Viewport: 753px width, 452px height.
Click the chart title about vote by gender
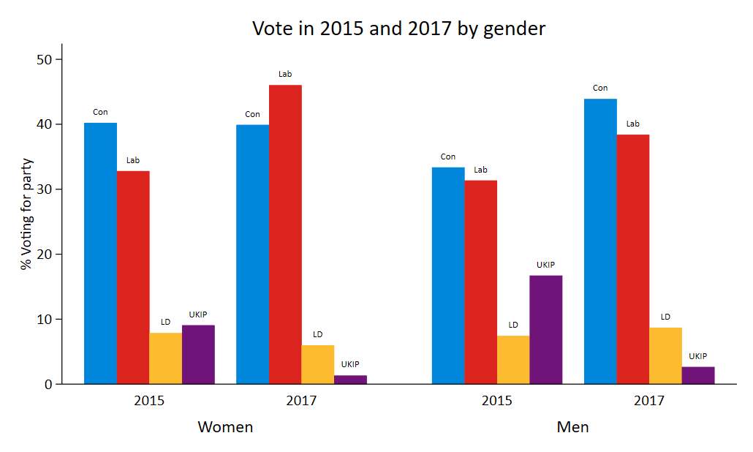click(x=398, y=29)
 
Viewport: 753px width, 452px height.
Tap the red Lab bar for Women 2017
click(x=285, y=234)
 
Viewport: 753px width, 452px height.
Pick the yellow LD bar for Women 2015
click(x=165, y=358)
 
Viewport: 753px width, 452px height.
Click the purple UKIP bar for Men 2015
click(x=546, y=329)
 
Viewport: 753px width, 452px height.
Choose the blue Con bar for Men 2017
click(x=600, y=241)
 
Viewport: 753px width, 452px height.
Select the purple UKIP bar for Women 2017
click(x=350, y=380)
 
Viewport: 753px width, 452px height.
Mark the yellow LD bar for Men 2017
click(x=665, y=355)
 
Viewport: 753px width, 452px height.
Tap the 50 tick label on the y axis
click(x=45, y=59)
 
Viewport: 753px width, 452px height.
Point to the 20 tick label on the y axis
click(x=45, y=255)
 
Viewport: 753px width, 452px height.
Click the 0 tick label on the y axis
click(x=48, y=384)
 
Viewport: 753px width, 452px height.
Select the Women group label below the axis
click(x=225, y=427)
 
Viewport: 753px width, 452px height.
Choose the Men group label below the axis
click(x=572, y=427)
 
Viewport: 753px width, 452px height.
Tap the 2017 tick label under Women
click(x=301, y=401)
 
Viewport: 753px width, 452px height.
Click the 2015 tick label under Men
click(x=496, y=401)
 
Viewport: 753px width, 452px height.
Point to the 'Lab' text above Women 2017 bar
click(x=285, y=74)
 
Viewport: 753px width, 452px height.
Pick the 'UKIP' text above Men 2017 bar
click(x=698, y=356)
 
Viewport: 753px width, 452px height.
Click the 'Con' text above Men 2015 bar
click(x=448, y=157)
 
